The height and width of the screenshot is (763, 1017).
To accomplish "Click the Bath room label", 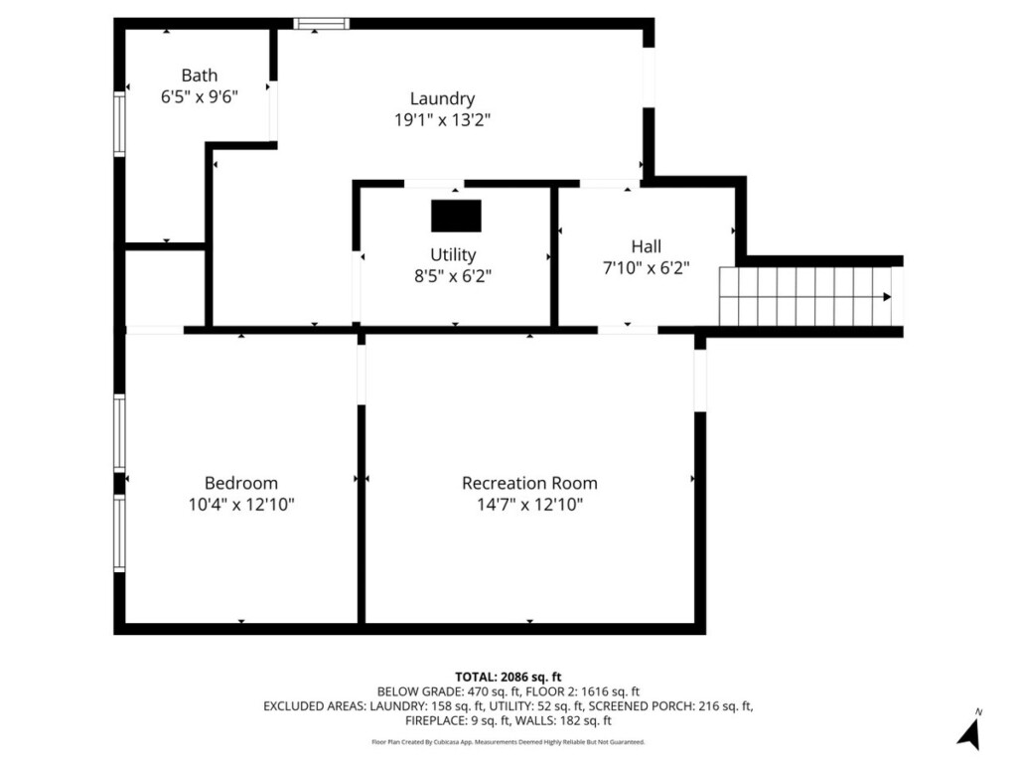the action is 199,76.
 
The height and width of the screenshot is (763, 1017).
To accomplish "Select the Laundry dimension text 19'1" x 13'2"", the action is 442,120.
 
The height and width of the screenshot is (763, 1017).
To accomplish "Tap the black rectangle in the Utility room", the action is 456,216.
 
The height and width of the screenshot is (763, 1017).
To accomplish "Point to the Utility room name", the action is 453,254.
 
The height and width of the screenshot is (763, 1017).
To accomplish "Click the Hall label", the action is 646,246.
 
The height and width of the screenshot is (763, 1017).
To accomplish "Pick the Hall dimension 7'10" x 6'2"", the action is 646,268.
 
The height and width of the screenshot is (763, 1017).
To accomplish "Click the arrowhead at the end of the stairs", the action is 887,297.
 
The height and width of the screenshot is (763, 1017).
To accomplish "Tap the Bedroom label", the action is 241,483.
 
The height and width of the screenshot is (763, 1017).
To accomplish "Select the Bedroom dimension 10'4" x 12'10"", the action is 241,504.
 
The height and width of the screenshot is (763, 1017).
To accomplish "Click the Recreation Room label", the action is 529,483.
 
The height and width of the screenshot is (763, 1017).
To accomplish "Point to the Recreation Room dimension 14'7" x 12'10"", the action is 530,504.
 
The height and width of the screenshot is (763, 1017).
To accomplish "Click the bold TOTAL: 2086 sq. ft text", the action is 508,678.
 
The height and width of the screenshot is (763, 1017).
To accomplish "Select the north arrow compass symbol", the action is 969,731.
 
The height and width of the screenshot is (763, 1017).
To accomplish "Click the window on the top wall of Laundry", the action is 321,24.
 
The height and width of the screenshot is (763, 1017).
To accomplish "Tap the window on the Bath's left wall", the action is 119,124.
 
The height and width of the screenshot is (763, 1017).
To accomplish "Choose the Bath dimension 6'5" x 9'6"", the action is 199,96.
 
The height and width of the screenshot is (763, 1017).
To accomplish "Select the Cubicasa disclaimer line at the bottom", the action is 508,741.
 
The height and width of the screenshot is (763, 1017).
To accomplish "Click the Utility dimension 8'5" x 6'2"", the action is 453,276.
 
